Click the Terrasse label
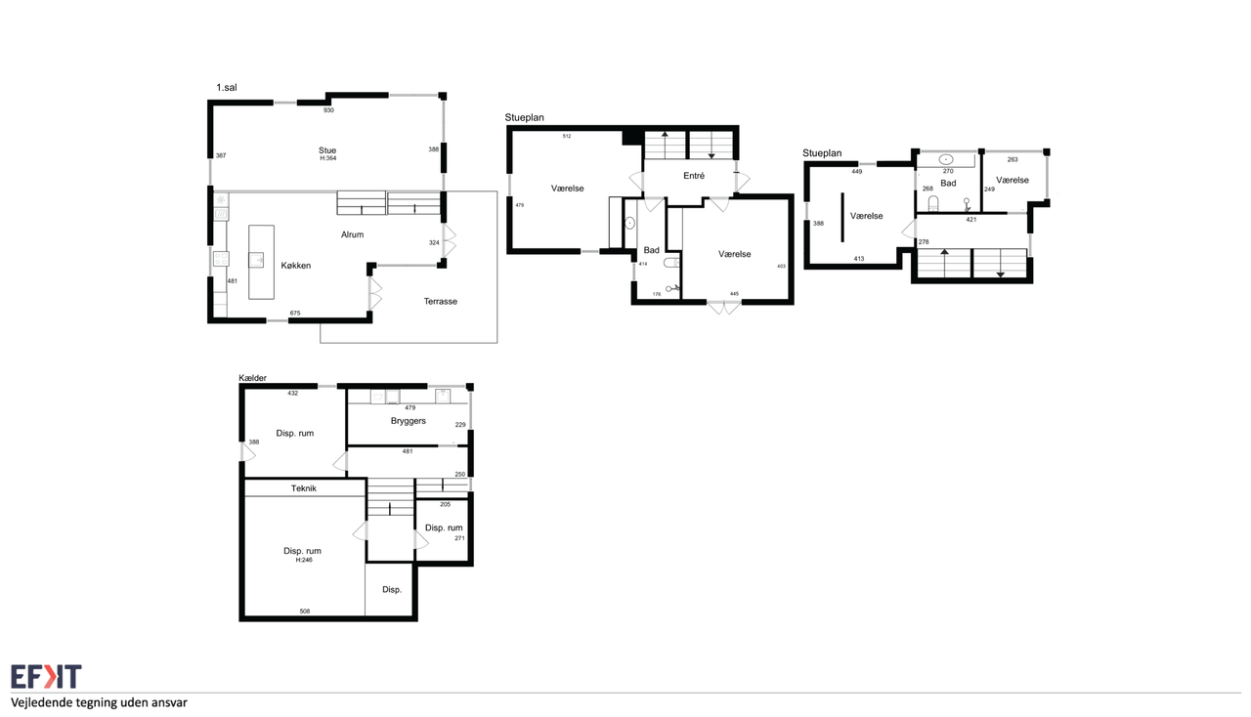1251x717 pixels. [x=440, y=302]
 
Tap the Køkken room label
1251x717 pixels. [x=295, y=266]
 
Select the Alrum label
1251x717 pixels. [x=352, y=234]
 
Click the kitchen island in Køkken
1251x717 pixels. [x=261, y=262]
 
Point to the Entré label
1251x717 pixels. [x=694, y=175]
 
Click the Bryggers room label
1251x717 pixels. [x=409, y=421]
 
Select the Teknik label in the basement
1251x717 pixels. [x=303, y=488]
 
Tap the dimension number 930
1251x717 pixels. [x=328, y=110]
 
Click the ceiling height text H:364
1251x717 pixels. [x=327, y=158]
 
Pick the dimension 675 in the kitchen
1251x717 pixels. [x=295, y=314]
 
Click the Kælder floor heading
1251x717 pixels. [x=252, y=378]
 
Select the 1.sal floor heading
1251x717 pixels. [x=226, y=87]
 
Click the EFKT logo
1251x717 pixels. [x=46, y=677]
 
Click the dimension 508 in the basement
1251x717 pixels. [x=304, y=612]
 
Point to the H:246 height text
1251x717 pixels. [x=304, y=560]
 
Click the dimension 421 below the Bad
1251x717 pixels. [x=971, y=220]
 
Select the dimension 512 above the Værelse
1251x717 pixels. [x=567, y=136]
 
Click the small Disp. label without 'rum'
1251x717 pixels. [x=392, y=590]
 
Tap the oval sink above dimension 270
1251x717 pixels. [x=946, y=159]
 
